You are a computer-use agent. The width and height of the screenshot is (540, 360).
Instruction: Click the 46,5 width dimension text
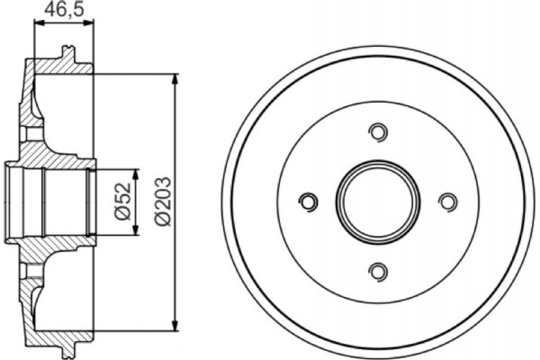point(62,13)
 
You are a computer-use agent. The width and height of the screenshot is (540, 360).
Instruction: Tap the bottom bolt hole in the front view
point(379,271)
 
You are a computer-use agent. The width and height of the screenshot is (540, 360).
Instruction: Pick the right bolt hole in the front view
point(447,202)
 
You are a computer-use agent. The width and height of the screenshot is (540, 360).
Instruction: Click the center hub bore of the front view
point(379,202)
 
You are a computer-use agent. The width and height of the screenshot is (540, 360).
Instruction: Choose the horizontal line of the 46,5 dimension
point(62,26)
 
